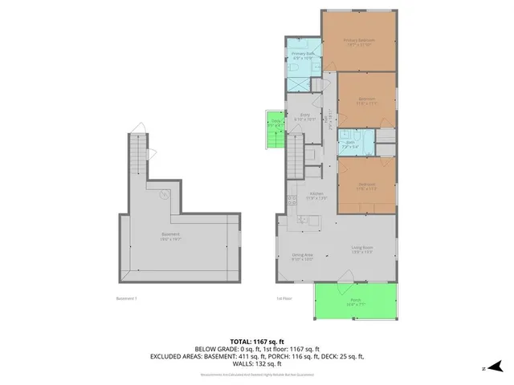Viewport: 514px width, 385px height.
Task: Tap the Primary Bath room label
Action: coord(302,55)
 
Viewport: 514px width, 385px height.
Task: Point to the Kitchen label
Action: coord(316,196)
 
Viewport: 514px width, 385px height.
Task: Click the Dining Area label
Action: coord(302,257)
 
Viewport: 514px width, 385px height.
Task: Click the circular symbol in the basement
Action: coord(164,192)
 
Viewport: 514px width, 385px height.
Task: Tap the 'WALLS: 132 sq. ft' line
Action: coord(257,363)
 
